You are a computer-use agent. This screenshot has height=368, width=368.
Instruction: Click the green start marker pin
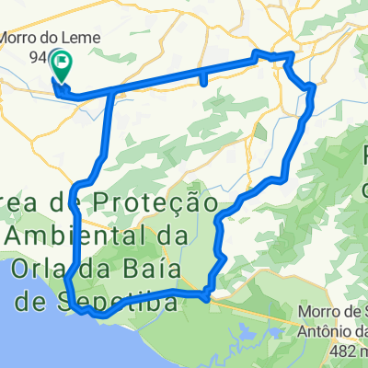[x=63, y=63]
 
